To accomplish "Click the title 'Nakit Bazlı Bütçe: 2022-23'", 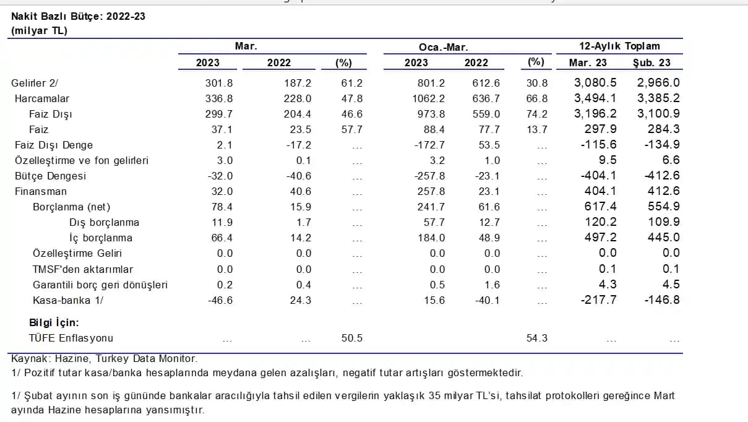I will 78,16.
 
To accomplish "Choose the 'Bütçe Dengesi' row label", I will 51,176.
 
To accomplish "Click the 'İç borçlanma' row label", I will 100,238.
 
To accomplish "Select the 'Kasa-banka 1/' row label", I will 68,300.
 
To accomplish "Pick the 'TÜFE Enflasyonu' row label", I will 71,338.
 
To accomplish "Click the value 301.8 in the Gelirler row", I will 219,83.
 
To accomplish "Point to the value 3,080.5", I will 595,83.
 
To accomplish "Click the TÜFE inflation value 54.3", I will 536,338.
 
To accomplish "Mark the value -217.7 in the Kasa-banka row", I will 600,300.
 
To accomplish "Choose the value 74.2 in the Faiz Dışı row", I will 536,114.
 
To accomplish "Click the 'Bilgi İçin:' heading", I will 54,322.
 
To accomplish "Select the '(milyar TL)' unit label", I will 39,30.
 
